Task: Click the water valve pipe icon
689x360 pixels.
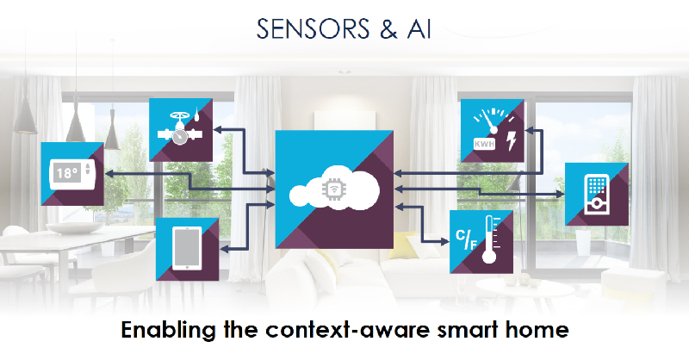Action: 180,129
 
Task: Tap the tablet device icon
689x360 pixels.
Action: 187,249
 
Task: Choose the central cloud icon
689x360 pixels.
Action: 336,194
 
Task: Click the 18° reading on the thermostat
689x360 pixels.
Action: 66,171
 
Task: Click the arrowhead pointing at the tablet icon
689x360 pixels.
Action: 225,248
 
